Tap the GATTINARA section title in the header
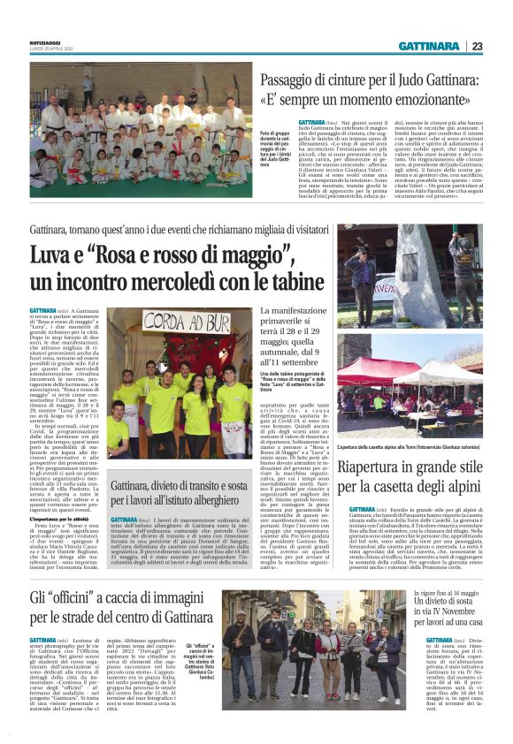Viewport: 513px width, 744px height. [x=429, y=46]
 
